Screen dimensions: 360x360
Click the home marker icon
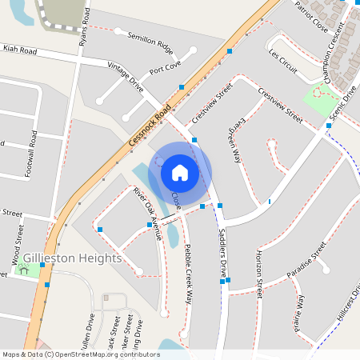[180, 172]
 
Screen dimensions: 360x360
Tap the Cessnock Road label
[150, 127]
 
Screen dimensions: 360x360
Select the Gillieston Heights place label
[72, 258]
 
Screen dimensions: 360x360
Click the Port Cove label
[165, 68]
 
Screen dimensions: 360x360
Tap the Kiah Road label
[20, 50]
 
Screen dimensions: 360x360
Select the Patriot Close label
[312, 12]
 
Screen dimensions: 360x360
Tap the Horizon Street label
[258, 272]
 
